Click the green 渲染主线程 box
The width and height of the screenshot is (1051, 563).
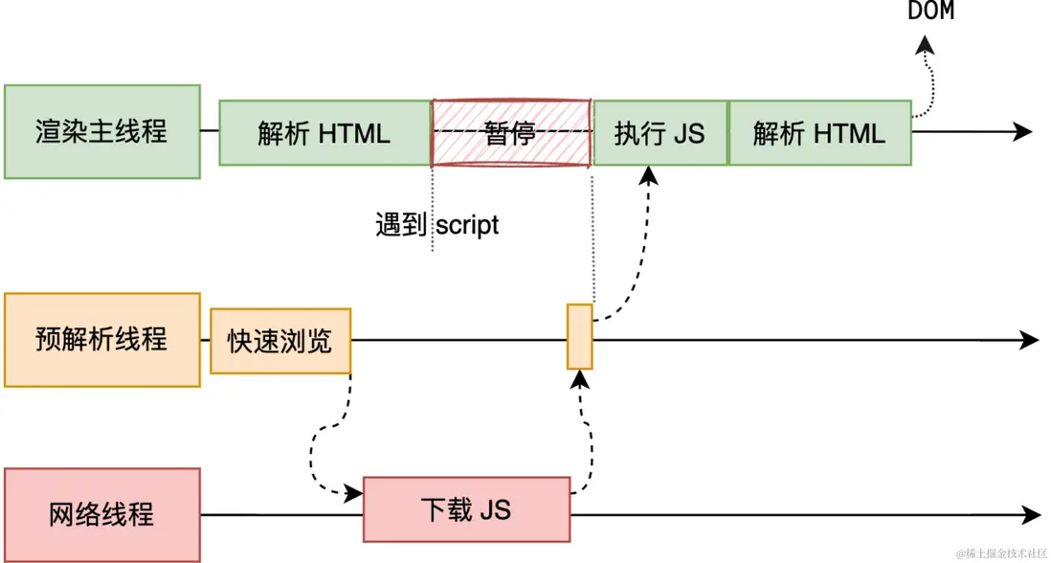point(101,132)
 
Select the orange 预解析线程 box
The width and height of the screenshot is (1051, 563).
point(101,340)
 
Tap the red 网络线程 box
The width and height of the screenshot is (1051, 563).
point(101,514)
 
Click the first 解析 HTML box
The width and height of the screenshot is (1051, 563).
point(324,133)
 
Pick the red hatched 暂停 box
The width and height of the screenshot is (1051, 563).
point(511,133)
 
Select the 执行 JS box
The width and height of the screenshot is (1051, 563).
point(660,133)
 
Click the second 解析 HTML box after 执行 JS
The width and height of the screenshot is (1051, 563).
point(819,133)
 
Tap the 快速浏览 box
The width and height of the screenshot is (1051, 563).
point(280,341)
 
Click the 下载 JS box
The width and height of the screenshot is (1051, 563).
point(466,509)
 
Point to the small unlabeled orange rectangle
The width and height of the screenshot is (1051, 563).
point(579,336)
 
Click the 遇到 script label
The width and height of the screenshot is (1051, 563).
point(436,226)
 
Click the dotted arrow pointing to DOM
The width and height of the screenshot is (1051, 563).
point(924,77)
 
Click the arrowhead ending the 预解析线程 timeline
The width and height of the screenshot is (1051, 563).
point(1030,340)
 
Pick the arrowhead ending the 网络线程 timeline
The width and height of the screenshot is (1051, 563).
point(1032,515)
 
